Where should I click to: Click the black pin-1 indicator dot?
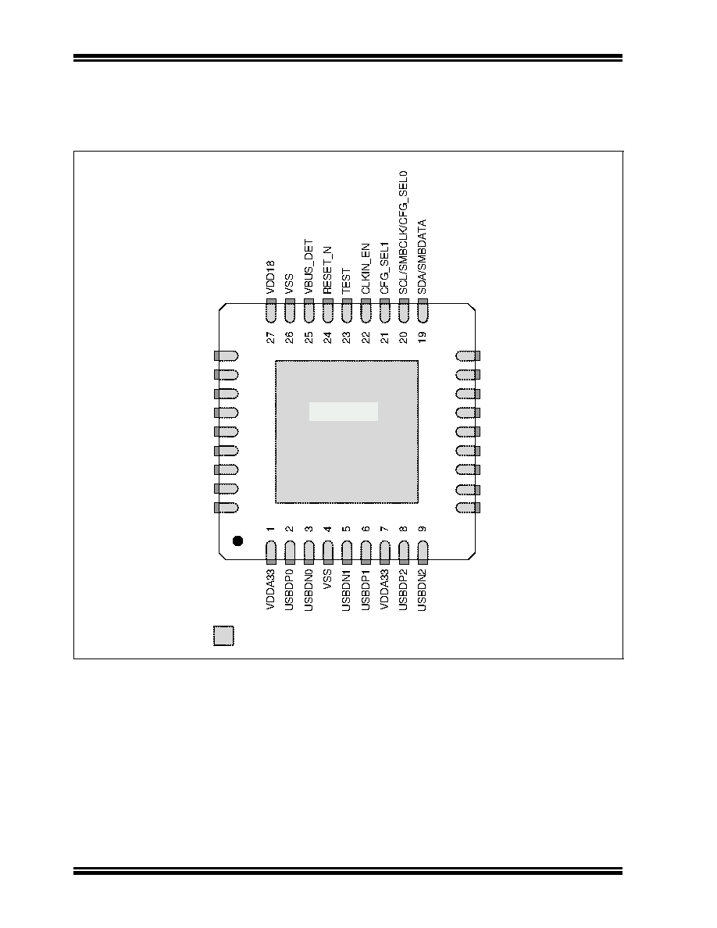tap(237, 541)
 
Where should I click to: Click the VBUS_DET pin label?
tap(309, 266)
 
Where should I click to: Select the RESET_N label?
tap(328, 270)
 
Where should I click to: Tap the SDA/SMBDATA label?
tap(423, 257)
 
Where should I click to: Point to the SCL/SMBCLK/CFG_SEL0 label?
tap(404, 233)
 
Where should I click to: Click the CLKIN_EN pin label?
tap(366, 269)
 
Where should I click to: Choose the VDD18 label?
tap(271, 277)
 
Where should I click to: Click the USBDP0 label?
tap(290, 590)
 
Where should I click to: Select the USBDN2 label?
tap(423, 590)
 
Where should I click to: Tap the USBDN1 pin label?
tap(347, 590)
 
